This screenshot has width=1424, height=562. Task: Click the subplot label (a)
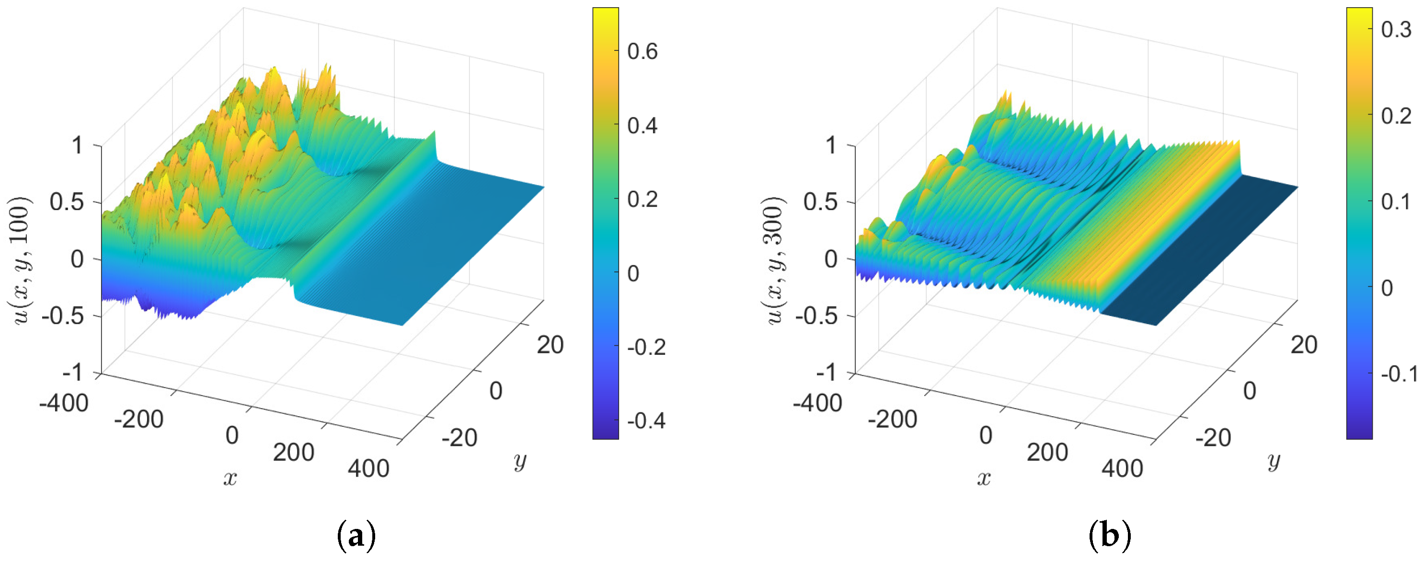[356, 536]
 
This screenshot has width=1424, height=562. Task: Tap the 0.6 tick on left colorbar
[642, 51]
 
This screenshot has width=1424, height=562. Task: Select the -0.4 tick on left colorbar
[646, 421]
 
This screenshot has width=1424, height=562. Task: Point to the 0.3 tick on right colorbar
[1396, 29]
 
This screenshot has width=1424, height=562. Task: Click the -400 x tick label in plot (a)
[64, 403]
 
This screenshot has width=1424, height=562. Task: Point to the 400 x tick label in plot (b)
[1122, 468]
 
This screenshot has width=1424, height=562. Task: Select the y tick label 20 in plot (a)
[550, 345]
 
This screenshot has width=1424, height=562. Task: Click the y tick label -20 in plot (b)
[1213, 437]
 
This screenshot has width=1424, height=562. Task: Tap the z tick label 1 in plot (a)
[77, 145]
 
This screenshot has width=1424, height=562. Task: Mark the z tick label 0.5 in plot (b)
[820, 202]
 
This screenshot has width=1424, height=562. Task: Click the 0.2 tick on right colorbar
[1396, 116]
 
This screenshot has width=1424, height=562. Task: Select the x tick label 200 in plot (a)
[294, 452]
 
